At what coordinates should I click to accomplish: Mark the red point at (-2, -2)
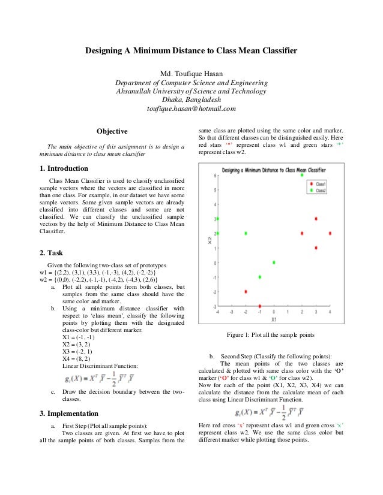coord(246,292)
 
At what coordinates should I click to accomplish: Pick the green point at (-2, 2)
coord(246,233)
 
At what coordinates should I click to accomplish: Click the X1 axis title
coord(274,319)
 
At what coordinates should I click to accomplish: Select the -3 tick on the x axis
coord(232,312)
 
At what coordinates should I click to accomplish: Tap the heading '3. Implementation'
coord(70,413)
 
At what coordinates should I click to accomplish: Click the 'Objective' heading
coord(112,131)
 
